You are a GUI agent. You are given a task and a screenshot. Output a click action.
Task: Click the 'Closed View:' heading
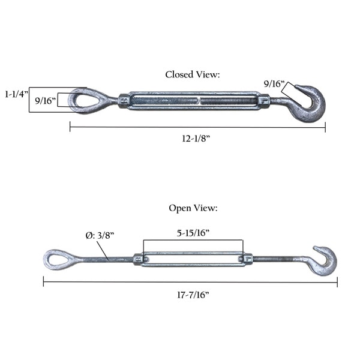[x=193, y=74]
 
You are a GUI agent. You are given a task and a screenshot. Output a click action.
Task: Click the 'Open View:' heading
[x=193, y=208]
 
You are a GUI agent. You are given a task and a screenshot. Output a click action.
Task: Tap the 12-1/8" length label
[x=196, y=139]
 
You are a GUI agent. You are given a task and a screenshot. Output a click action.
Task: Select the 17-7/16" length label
[x=193, y=295]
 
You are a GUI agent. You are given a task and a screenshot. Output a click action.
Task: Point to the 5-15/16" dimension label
[x=193, y=233]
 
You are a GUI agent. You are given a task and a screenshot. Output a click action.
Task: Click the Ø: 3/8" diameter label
[x=100, y=235]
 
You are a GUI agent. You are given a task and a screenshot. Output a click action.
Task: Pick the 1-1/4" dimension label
[x=17, y=94]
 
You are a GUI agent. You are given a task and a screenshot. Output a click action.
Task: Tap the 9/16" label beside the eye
[x=45, y=101]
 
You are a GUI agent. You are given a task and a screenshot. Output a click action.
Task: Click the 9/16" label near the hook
[x=274, y=84]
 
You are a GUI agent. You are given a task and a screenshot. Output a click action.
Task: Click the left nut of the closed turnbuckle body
[x=124, y=101]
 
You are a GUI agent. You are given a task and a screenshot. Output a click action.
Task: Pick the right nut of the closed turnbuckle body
[x=265, y=101]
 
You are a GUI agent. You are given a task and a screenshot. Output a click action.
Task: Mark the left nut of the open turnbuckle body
[x=138, y=259]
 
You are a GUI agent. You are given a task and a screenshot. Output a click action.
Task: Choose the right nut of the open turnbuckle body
[x=248, y=259]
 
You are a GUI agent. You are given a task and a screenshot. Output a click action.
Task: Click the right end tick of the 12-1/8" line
[x=325, y=127]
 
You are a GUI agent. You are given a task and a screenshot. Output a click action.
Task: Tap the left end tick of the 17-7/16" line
[x=43, y=281]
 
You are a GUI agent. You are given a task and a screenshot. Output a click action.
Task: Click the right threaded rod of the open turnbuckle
[x=280, y=259]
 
